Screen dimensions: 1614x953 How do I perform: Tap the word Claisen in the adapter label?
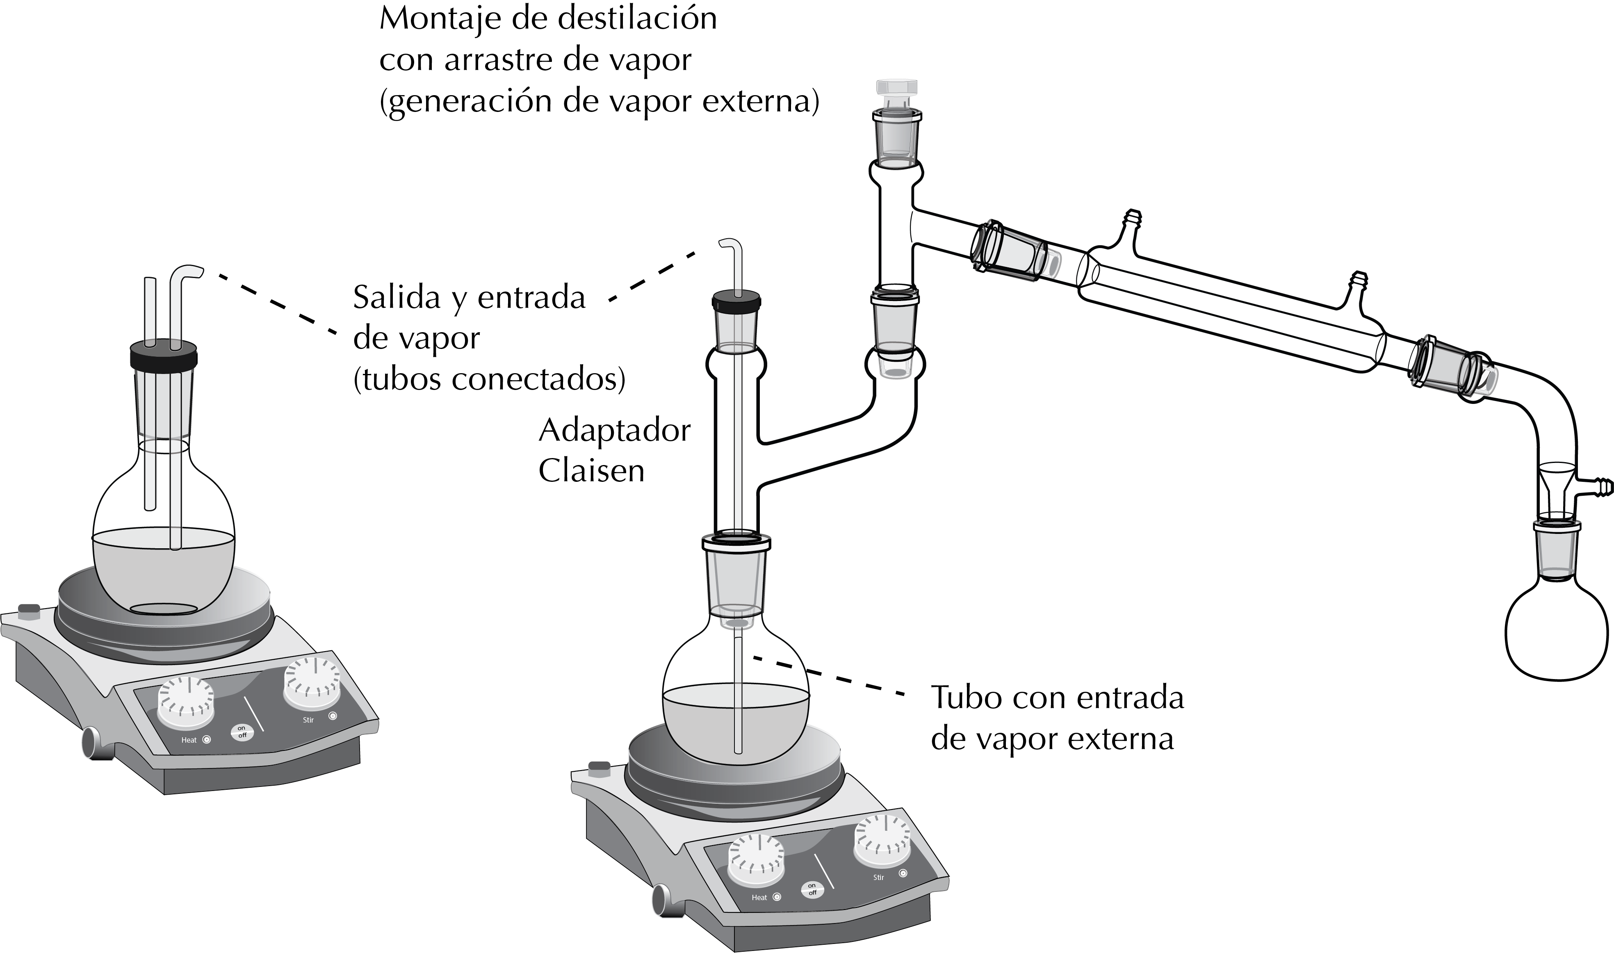click(x=591, y=471)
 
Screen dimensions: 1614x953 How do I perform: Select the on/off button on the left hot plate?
click(x=242, y=732)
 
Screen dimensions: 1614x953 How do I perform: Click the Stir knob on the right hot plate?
click(x=882, y=840)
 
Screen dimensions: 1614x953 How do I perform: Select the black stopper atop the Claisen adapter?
click(x=736, y=302)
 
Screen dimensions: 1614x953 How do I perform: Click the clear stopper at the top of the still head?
click(x=896, y=95)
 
